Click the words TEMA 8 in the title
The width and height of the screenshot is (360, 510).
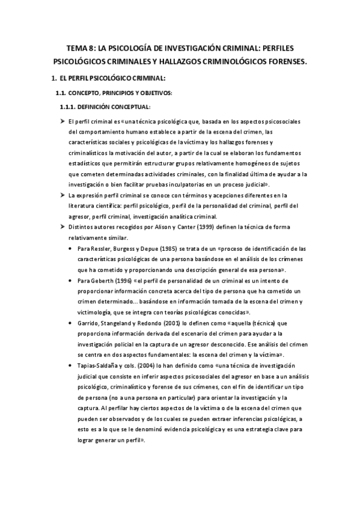tap(80, 48)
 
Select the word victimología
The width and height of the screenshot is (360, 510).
tap(92, 313)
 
